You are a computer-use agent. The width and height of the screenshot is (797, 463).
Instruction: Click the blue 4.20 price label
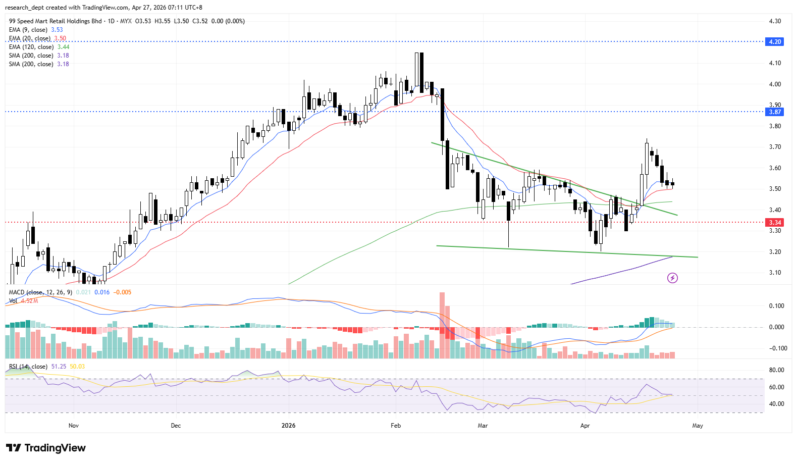tap(775, 42)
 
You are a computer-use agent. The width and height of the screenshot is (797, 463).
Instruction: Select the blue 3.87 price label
tap(775, 112)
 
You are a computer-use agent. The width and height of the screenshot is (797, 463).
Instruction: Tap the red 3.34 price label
tap(775, 223)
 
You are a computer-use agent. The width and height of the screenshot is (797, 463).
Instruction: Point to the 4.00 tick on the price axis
tap(775, 84)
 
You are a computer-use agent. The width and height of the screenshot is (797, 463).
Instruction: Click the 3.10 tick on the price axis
tap(775, 273)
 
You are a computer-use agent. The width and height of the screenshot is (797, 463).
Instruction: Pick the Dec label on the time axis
tap(176, 426)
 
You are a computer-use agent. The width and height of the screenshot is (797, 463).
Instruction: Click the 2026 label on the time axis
tap(288, 426)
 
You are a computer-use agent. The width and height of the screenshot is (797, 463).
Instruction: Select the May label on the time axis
tap(697, 426)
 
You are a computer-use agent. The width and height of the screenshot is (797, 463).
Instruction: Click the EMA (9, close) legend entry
tap(28, 30)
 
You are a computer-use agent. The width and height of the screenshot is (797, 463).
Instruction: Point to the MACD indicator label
tap(17, 292)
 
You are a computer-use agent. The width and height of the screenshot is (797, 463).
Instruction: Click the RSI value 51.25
tap(59, 367)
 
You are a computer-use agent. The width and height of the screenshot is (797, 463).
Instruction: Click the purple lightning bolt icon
tap(672, 278)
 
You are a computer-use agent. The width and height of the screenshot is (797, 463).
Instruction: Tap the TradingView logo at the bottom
tap(46, 448)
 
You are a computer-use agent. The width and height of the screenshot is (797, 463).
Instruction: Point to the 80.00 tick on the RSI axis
tap(776, 370)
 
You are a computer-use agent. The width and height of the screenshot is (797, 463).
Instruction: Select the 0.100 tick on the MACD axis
tap(776, 306)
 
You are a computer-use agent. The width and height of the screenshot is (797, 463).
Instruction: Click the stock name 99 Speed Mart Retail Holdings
tap(56, 21)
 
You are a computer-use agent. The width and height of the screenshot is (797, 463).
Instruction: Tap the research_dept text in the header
tap(25, 8)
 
